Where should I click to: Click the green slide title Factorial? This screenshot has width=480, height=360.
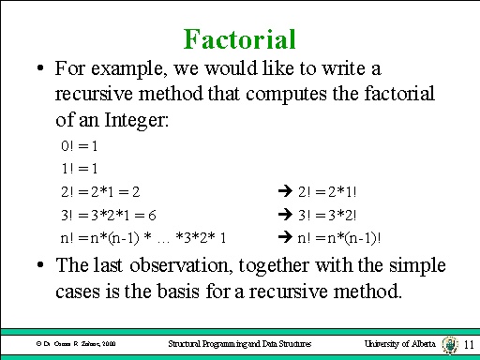(x=240, y=38)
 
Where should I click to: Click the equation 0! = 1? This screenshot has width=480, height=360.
(x=80, y=146)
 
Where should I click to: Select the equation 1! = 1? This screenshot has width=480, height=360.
(x=80, y=169)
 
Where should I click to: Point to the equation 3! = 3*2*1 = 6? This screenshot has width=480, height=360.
(x=108, y=214)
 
